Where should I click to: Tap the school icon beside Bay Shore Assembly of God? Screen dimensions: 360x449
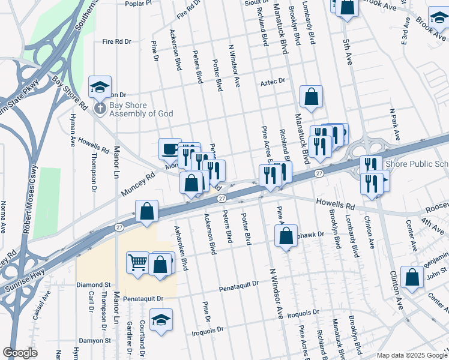[x=100, y=88]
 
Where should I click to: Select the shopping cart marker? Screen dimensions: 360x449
[x=138, y=262]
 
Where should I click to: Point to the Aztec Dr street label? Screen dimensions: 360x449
[x=272, y=80]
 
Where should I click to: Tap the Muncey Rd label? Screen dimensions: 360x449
[x=137, y=184]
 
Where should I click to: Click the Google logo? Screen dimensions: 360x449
[x=20, y=352]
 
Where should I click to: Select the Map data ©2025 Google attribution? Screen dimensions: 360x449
[x=412, y=355]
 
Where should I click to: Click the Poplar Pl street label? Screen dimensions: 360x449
[x=139, y=4]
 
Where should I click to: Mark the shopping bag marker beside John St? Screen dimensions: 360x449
[x=412, y=278]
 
